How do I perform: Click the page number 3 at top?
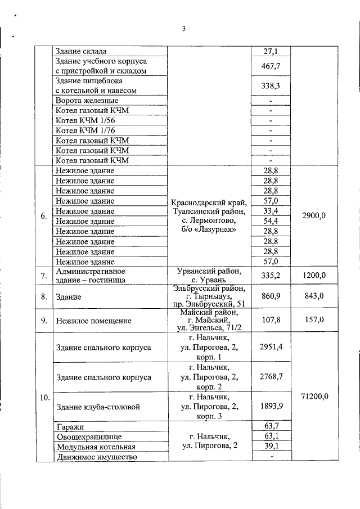coord(183,29)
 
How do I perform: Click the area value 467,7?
coord(271,66)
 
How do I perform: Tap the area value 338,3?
coord(271,85)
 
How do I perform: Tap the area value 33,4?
coord(271,211)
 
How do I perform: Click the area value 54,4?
coord(271,221)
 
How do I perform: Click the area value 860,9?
coord(271,296)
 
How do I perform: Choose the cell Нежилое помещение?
coord(93,321)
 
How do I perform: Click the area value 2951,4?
coord(271,347)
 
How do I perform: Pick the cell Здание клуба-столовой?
coord(98,407)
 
